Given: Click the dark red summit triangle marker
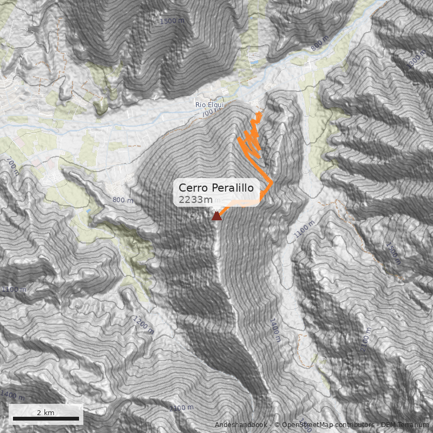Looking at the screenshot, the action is click(x=216, y=216).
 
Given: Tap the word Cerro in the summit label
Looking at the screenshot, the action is click(x=192, y=188).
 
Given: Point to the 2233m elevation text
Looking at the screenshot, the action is click(x=196, y=200).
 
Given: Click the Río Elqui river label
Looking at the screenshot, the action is click(x=209, y=104).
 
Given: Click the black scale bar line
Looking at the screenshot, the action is click(x=46, y=418).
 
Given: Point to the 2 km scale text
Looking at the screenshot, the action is click(x=45, y=412).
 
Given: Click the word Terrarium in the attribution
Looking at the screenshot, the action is click(x=414, y=425).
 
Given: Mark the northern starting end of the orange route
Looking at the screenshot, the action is click(x=260, y=114).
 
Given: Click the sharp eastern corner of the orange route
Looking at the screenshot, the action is click(x=272, y=184).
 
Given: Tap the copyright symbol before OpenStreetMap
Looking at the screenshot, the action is click(x=277, y=425).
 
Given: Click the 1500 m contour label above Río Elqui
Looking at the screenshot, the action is click(x=172, y=21).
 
